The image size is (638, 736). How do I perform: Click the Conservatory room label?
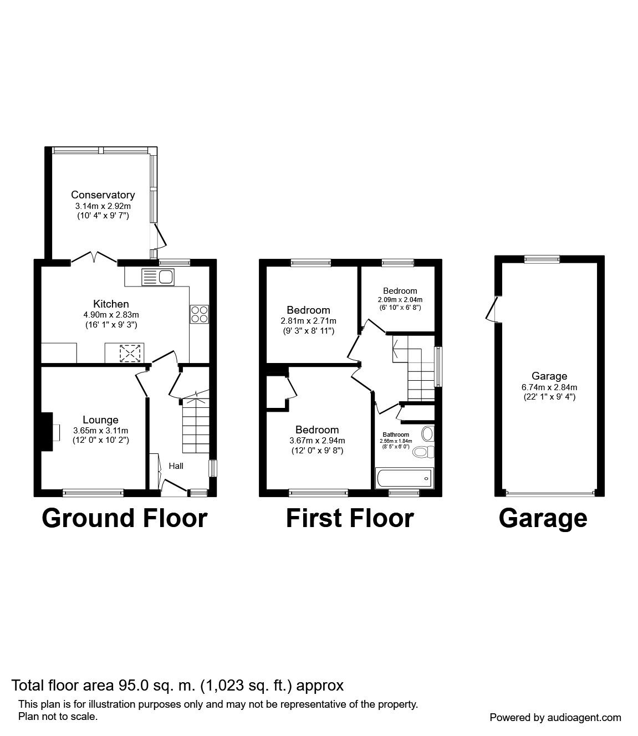[x=103, y=195]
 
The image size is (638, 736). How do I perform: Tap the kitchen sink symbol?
[x=159, y=277]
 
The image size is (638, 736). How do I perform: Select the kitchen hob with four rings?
[x=200, y=314]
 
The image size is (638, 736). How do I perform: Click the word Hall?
[x=176, y=466]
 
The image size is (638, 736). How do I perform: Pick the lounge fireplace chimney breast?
[x=47, y=428]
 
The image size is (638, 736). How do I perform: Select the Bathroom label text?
[x=395, y=435]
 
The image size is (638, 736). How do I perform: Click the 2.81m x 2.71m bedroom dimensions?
[x=308, y=321]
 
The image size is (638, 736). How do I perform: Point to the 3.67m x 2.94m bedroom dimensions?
[x=317, y=441]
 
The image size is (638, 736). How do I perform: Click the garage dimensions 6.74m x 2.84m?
[x=549, y=387]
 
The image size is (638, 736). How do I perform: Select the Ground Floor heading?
[x=124, y=518]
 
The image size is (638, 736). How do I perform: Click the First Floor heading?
[x=349, y=518]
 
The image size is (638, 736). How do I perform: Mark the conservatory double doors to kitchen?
[x=94, y=258]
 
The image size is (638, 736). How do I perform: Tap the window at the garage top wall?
[x=542, y=258]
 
